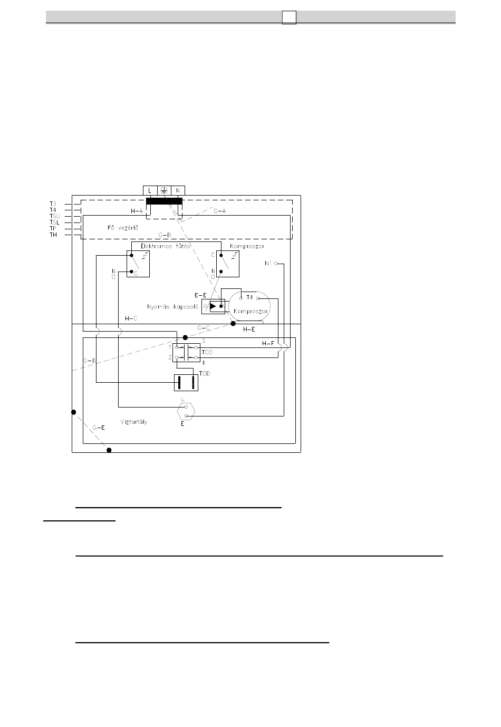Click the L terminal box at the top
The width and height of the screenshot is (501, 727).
(x=150, y=190)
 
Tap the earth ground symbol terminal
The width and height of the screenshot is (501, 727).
(x=164, y=190)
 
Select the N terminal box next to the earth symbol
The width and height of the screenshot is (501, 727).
(x=178, y=190)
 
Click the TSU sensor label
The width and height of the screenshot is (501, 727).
(x=54, y=216)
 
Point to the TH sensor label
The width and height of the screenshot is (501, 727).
(x=53, y=235)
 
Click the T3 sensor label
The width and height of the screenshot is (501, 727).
(x=53, y=203)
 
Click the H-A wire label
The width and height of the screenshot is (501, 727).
(x=137, y=211)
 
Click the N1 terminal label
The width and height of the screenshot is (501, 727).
(x=268, y=263)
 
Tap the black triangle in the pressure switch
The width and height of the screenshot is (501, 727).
(x=213, y=306)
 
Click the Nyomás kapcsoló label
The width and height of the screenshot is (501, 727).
(x=173, y=306)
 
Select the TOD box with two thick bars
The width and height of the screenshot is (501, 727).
(x=186, y=383)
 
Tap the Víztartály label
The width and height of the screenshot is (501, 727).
(x=134, y=422)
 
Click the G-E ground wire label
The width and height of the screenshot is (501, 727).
(x=99, y=428)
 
